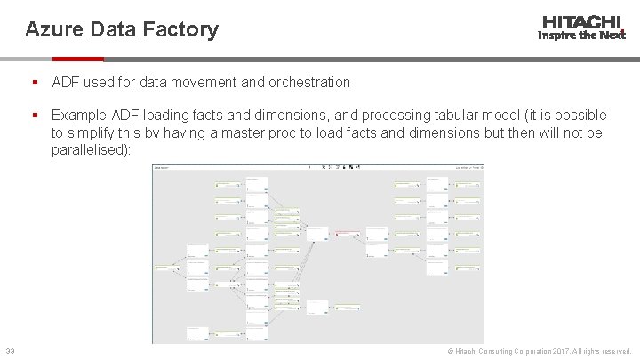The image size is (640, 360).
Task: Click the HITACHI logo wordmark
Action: [x=581, y=22]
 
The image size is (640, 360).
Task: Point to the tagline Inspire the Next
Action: [x=581, y=36]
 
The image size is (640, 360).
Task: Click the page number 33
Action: [x=10, y=353]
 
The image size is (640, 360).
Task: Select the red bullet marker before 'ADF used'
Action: [x=33, y=82]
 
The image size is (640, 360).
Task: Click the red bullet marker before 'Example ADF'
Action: [x=33, y=116]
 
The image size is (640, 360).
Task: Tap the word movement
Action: [x=207, y=82]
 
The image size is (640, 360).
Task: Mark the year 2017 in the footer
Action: [x=550, y=353]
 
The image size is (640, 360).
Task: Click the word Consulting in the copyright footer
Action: [x=492, y=353]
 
